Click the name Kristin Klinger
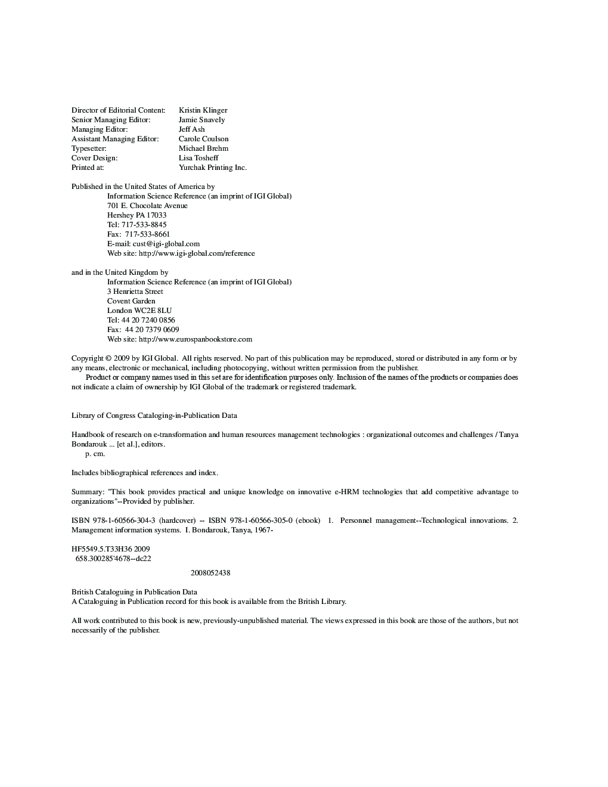[203, 110]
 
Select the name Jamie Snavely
[201, 120]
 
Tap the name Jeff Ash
[191, 129]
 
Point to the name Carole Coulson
[203, 139]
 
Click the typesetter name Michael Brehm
[203, 148]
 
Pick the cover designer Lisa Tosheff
[198, 158]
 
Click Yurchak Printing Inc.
[212, 168]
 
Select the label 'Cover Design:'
[94, 158]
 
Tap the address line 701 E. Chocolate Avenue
[147, 206]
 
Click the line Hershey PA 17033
[137, 215]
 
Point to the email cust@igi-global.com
[166, 244]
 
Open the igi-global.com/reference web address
[197, 253]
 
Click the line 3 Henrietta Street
[135, 292]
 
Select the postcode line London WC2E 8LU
[139, 311]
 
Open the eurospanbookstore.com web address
[195, 339]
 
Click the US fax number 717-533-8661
[147, 234]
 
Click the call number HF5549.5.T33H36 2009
[110, 549]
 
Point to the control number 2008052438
[210, 573]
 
